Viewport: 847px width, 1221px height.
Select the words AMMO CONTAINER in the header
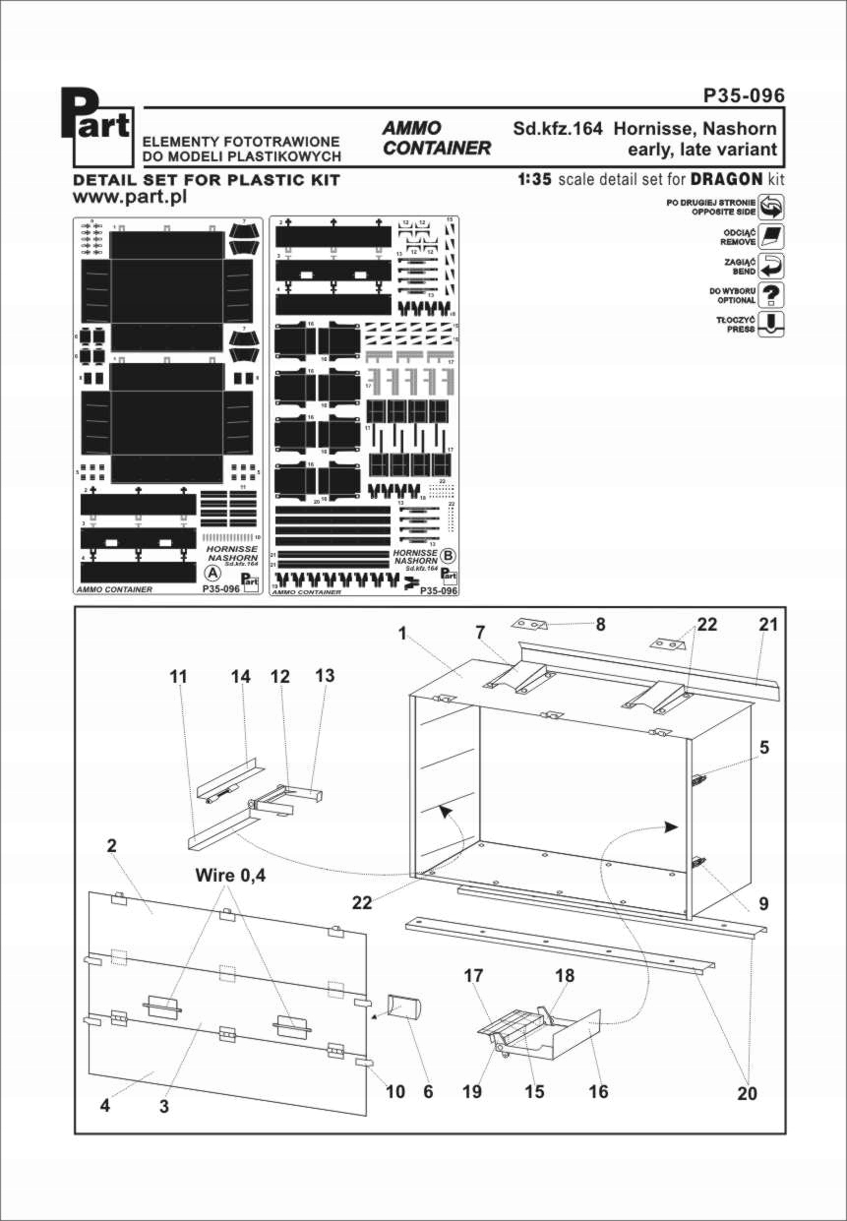(436, 138)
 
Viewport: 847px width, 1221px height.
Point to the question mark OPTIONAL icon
(772, 294)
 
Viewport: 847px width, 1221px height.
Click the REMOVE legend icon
(772, 237)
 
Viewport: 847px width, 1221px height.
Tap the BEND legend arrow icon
(772, 266)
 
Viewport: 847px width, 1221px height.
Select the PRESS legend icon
(772, 324)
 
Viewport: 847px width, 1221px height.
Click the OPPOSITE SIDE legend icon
(772, 208)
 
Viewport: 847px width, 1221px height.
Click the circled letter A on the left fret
(210, 572)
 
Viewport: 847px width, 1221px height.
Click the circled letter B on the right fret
(449, 556)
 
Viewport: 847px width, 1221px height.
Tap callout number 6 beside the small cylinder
(427, 1091)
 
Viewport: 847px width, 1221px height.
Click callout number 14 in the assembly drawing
(241, 677)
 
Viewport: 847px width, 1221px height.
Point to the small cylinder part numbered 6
(403, 1008)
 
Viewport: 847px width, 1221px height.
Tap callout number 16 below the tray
(598, 1091)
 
